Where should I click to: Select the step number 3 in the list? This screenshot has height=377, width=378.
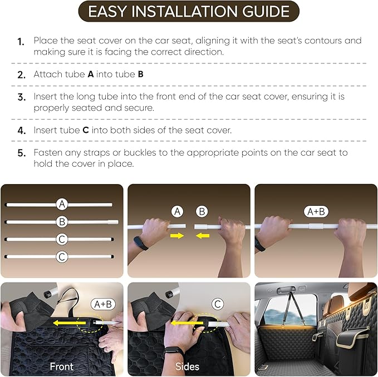pos(21,97)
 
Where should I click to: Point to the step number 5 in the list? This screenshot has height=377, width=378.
pos(21,153)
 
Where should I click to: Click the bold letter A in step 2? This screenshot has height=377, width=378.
pos(91,73)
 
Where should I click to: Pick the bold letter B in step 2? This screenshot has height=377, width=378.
pos(140,73)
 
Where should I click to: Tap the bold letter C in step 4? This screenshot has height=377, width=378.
pos(85,130)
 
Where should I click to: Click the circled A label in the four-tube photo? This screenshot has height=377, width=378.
pos(62,204)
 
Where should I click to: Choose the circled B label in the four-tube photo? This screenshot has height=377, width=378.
pos(62,221)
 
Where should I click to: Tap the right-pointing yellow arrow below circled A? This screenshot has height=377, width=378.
pos(177,236)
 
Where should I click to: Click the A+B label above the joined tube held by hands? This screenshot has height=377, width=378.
pos(315,211)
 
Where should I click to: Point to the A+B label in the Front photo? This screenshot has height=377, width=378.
pos(104,304)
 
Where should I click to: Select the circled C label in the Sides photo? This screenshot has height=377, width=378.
pos(218,304)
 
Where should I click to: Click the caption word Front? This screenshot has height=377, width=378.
pos(62,366)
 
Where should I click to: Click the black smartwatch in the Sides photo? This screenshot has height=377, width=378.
pos(174,353)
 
